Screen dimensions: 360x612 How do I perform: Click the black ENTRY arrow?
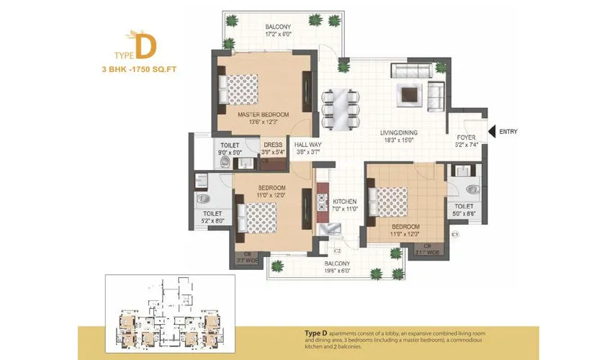coord(492,132)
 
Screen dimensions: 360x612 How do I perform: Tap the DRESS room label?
coord(272,145)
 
